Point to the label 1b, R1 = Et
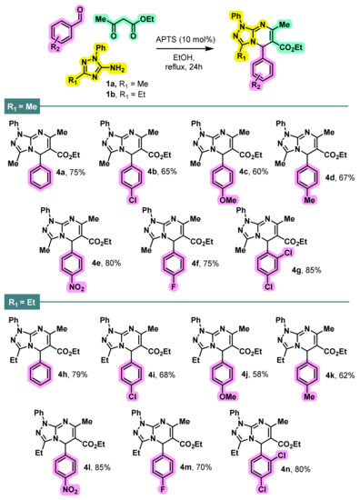click(x=106, y=94)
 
